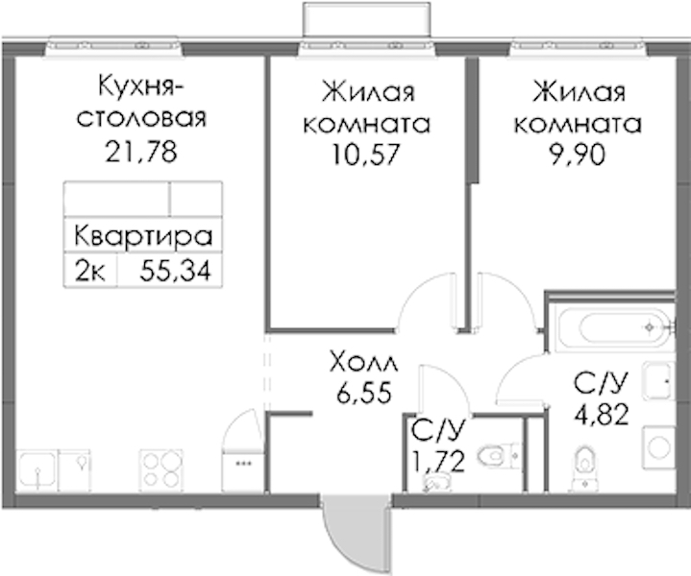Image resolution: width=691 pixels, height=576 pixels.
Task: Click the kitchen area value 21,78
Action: pyautogui.click(x=141, y=152)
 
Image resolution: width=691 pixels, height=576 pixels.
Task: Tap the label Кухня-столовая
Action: pyautogui.click(x=141, y=102)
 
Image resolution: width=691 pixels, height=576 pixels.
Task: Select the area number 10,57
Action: pyautogui.click(x=366, y=155)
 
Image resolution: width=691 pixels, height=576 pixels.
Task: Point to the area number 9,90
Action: pyautogui.click(x=577, y=155)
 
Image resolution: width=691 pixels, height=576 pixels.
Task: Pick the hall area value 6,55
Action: pyautogui.click(x=364, y=392)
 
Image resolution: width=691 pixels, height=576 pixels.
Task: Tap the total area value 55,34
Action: pyautogui.click(x=176, y=271)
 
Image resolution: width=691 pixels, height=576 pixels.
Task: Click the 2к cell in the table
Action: pyautogui.click(x=90, y=271)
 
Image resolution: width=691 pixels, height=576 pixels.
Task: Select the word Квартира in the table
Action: pyautogui.click(x=143, y=235)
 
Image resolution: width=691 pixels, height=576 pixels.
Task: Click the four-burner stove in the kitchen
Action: pyautogui.click(x=161, y=470)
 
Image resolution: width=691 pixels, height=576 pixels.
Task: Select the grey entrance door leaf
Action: pyautogui.click(x=356, y=532)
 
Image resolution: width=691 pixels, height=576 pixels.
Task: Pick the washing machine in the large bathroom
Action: pyautogui.click(x=658, y=448)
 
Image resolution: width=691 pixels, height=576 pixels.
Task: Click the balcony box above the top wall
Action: pyautogui.click(x=366, y=18)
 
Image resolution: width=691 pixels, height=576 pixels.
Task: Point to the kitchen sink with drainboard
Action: pyautogui.click(x=53, y=470)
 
